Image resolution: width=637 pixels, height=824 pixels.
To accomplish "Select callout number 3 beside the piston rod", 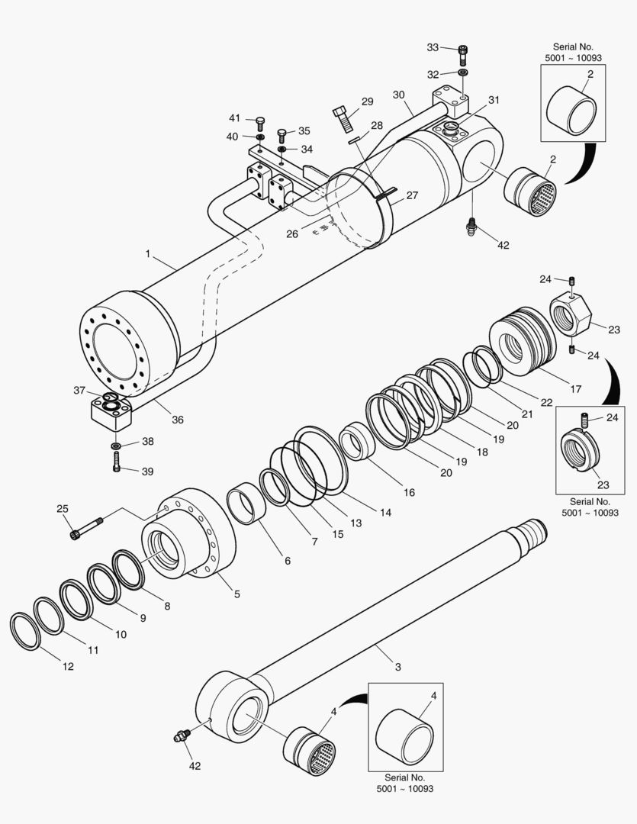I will (x=397, y=666).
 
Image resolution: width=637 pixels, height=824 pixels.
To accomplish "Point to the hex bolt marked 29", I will (x=343, y=118).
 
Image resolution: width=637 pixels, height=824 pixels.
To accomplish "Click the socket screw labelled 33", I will (x=462, y=54).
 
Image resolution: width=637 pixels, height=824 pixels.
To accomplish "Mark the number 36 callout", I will (x=177, y=419).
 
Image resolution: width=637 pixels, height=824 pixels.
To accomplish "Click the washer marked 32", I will (x=463, y=73).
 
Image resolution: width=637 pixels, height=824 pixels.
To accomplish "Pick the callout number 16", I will (x=409, y=492).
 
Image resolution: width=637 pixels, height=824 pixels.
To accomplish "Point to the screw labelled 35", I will (x=282, y=135).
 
